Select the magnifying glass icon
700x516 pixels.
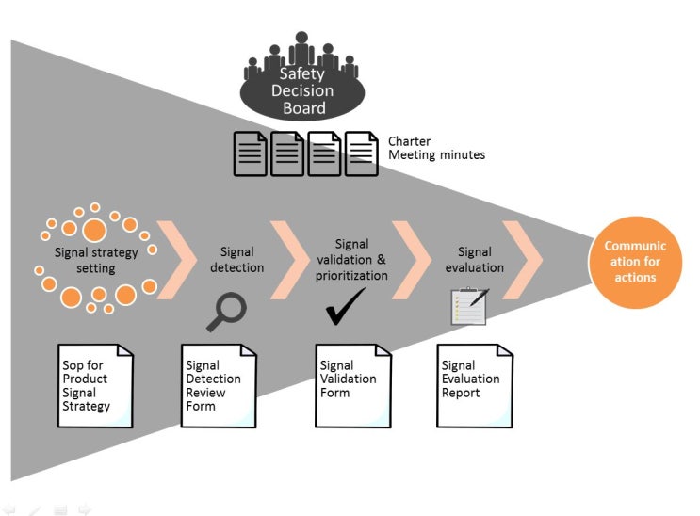226,312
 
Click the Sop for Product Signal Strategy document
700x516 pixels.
95,385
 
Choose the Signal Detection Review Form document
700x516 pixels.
219,385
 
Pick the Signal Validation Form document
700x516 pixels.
352,385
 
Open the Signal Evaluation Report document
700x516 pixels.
475,385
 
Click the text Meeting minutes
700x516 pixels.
436,154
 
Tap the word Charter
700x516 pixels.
409,141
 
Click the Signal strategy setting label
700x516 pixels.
96,260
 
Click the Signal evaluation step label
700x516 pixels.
474,259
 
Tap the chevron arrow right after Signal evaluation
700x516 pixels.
524,260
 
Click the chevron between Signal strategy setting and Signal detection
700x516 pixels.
177,260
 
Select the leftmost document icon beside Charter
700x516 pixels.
250,153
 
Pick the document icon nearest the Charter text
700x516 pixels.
362,153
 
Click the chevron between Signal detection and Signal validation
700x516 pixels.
291,260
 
